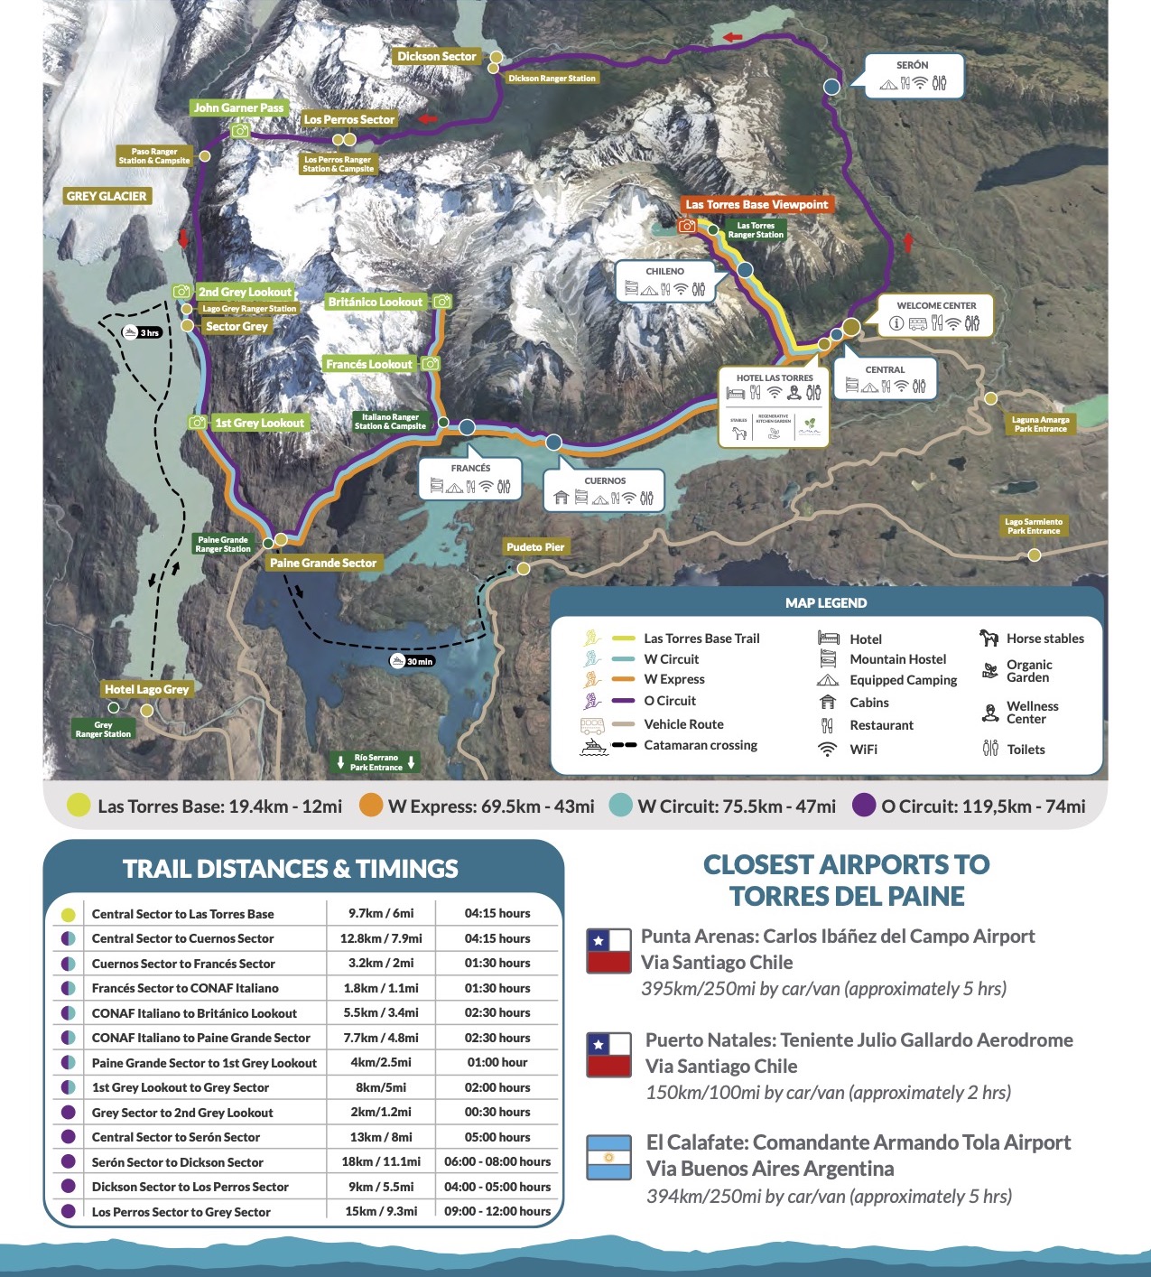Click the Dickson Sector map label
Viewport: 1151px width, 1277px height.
436,56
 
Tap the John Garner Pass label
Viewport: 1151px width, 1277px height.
238,107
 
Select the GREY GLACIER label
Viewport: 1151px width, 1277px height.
107,196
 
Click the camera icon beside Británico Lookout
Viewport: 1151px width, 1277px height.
441,302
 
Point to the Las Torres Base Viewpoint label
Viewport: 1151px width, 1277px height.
756,204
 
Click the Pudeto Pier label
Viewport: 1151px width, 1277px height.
534,546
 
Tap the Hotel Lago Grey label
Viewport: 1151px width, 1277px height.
146,689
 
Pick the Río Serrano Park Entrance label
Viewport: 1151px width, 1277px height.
376,762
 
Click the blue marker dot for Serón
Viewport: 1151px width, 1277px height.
832,87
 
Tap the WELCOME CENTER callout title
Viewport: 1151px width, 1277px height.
936,305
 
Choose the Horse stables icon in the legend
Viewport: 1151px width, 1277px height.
989,638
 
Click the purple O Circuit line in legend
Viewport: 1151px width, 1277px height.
624,701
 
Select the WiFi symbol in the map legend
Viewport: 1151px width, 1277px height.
827,750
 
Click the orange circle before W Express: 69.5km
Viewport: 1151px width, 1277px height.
371,806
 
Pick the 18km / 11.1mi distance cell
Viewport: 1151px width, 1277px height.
380,1161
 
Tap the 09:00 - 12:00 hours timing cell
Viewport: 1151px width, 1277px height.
497,1211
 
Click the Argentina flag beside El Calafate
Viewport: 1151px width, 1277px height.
608,1158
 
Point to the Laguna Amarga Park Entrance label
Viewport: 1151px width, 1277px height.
1040,424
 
